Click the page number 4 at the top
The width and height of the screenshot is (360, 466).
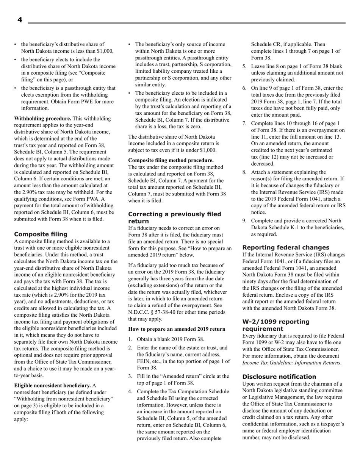tap(20, 20)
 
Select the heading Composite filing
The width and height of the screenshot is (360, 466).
tap(41, 234)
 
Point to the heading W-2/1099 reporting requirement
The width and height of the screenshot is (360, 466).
tap(275, 325)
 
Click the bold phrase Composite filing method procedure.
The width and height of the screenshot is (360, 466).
tap(171, 160)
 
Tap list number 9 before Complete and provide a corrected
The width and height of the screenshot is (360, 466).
tap(244, 221)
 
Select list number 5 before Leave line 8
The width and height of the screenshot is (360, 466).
tap(244, 66)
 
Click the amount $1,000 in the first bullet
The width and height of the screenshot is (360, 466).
tap(104, 51)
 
